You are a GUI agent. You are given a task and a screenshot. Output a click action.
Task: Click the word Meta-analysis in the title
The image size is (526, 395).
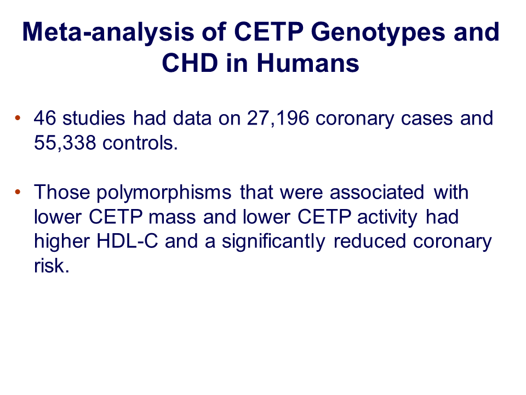tap(108, 32)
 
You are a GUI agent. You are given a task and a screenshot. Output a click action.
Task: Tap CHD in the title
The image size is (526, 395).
tap(190, 63)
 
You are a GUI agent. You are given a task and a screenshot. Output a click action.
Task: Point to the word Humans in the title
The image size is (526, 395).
tap(308, 63)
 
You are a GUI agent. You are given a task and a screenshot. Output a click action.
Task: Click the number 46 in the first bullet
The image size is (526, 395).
tap(45, 118)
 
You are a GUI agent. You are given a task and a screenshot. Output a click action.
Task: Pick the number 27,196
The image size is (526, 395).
tap(278, 119)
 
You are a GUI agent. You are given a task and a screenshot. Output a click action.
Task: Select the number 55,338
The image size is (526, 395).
tap(65, 143)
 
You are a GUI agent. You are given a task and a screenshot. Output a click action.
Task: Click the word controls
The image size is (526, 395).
tap(140, 143)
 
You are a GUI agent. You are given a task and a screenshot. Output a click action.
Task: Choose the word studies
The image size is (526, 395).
tap(94, 118)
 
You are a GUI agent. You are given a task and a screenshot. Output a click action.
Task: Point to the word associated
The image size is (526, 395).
tap(377, 192)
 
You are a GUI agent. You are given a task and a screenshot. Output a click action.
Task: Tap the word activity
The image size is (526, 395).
tap(387, 218)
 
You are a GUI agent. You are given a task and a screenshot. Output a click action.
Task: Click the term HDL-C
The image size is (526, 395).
tap(127, 241)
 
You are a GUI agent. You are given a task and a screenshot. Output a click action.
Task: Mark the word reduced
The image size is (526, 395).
tap(370, 241)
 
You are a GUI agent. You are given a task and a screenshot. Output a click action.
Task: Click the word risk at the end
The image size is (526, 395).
tap(52, 266)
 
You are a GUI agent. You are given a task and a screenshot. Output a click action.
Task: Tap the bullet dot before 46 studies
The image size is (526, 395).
tap(18, 118)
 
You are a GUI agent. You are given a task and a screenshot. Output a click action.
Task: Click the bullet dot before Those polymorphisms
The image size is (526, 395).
tap(18, 192)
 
